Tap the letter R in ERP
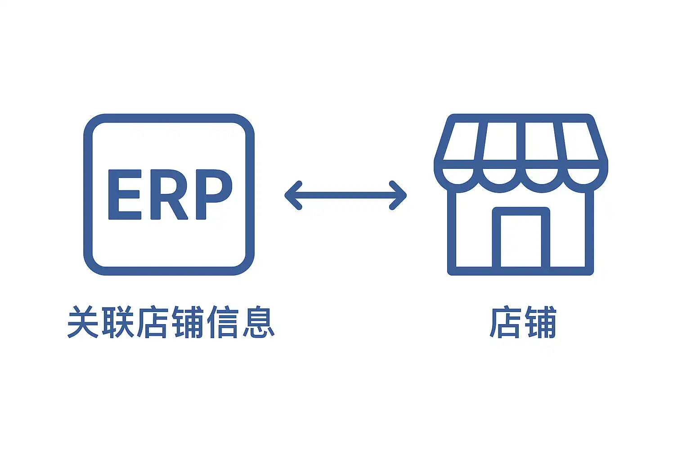tap(168, 194)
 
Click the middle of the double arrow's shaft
tap(345, 195)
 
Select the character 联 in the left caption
tap(118, 322)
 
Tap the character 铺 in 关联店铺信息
tap(188, 322)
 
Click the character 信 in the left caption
tap(223, 322)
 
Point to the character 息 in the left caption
tap(258, 322)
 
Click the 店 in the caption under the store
tap(505, 322)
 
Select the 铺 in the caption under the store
tap(540, 322)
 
